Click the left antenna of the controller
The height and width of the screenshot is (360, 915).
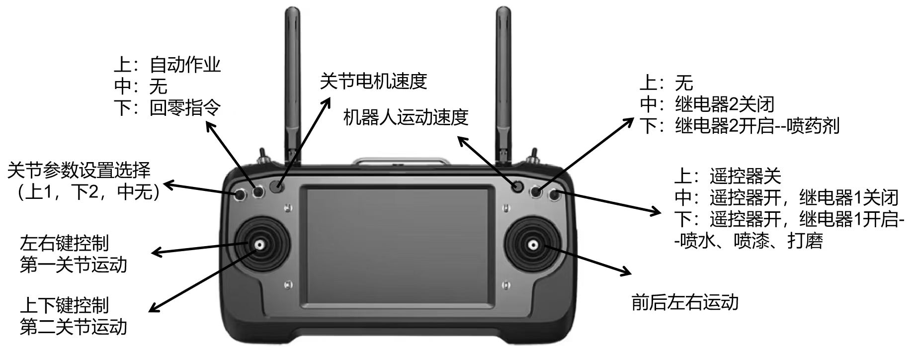pyautogui.click(x=293, y=85)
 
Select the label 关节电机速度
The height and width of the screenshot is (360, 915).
pyautogui.click(x=373, y=81)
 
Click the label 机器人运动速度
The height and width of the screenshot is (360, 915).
pyautogui.click(x=406, y=117)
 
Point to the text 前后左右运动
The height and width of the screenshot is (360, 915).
pyautogui.click(x=684, y=302)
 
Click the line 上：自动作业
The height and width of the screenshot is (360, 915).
pyautogui.click(x=167, y=65)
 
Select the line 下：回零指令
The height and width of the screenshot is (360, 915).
pyautogui.click(x=167, y=108)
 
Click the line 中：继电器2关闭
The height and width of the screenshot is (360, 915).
pyautogui.click(x=707, y=104)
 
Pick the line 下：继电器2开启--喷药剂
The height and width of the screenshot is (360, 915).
pyautogui.click(x=739, y=126)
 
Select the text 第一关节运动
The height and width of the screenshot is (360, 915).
pyautogui.click(x=74, y=265)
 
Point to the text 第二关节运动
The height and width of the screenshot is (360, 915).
pyautogui.click(x=74, y=328)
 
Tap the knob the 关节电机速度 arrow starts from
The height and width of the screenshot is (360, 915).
pyautogui.click(x=276, y=187)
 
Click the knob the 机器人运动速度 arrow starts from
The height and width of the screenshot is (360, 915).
pyautogui.click(x=517, y=187)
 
